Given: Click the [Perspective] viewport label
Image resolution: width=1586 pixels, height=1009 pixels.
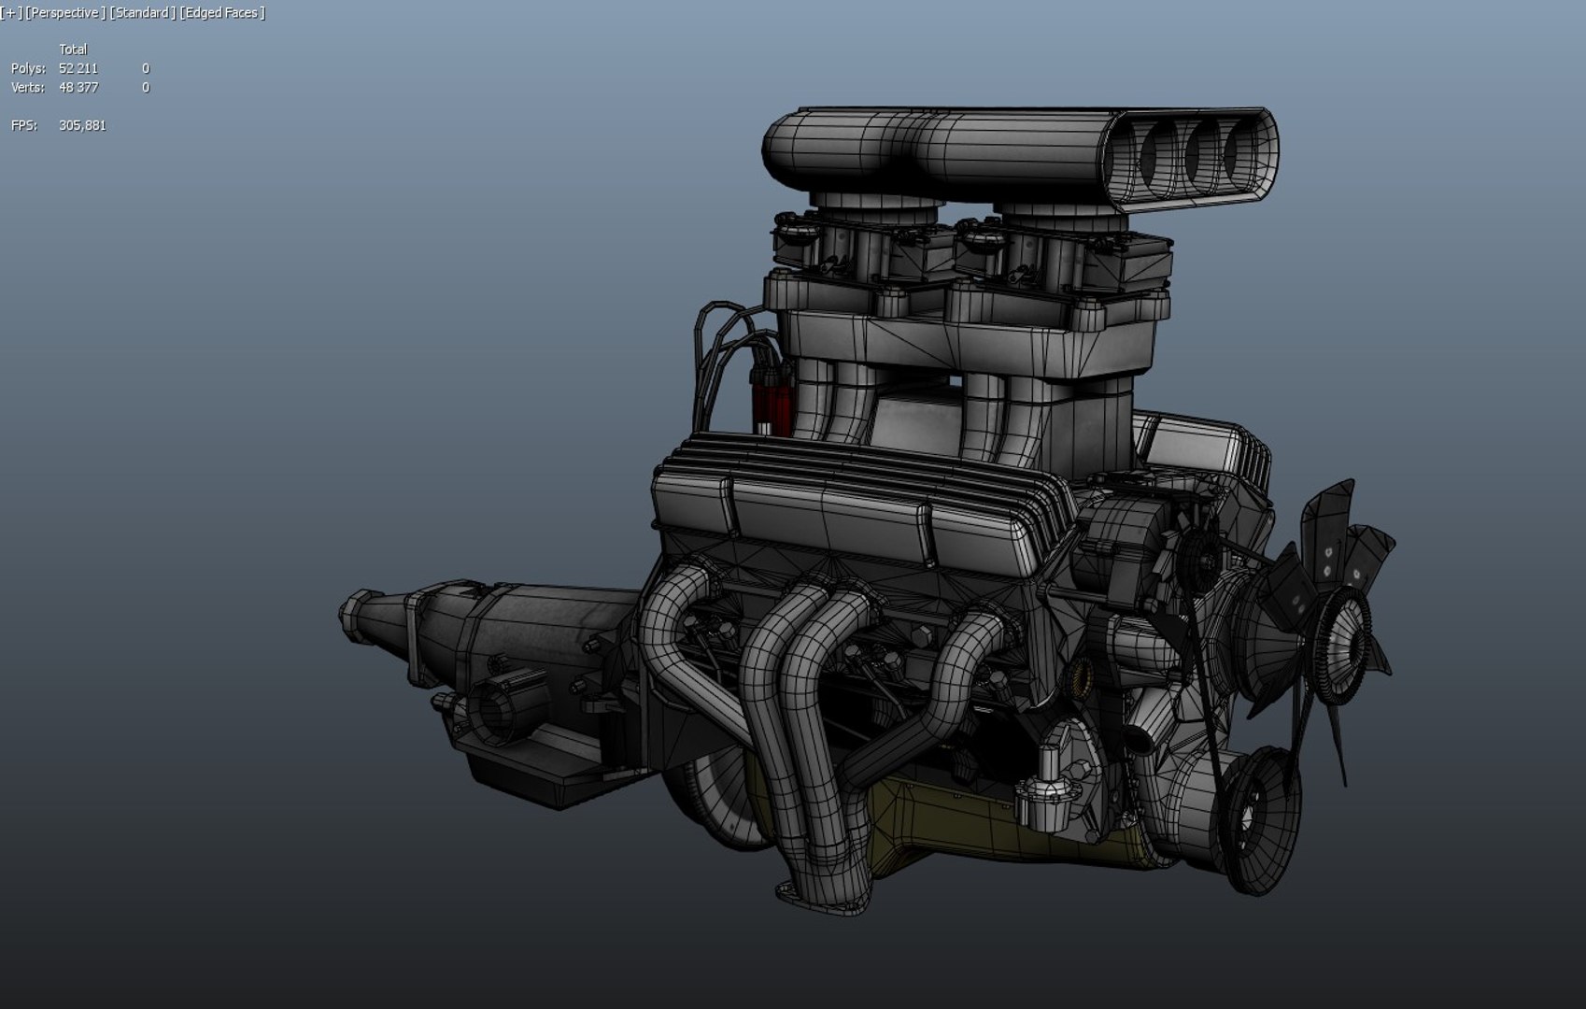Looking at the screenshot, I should click(x=64, y=12).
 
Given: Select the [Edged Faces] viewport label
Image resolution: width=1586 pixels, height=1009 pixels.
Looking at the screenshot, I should click(x=222, y=12).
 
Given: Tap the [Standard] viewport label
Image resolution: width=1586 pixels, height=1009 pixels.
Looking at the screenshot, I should click(x=142, y=12).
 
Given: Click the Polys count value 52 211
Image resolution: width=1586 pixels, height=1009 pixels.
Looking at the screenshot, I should click(x=78, y=68).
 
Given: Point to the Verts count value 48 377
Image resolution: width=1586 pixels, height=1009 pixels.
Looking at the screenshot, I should click(x=78, y=88).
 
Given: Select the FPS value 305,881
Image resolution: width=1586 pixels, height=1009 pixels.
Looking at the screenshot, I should click(x=82, y=125).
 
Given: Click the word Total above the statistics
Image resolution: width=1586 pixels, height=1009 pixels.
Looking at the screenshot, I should click(x=73, y=50).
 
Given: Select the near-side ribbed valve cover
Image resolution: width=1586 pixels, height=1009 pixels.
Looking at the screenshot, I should click(x=841, y=509).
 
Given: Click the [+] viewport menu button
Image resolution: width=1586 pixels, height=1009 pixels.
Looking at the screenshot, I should click(x=11, y=12).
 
